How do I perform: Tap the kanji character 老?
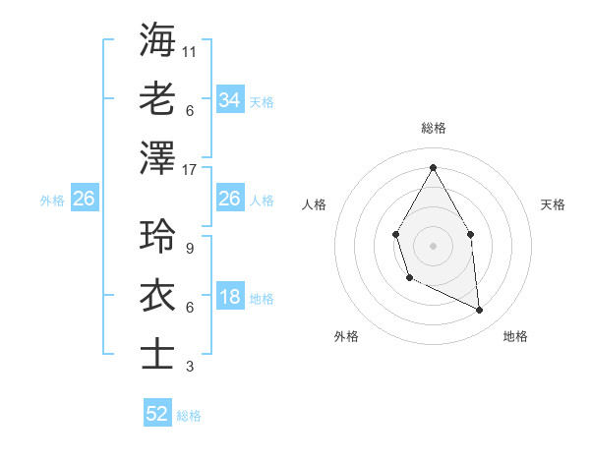click(158, 97)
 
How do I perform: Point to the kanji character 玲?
click(158, 237)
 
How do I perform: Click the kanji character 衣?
click(158, 296)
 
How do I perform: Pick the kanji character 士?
click(158, 355)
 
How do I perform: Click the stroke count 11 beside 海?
click(191, 50)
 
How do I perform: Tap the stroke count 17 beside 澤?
click(191, 169)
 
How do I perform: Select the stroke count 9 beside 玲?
click(189, 249)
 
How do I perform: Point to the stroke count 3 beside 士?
click(189, 367)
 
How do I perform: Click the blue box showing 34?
click(229, 99)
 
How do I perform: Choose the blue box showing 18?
click(229, 298)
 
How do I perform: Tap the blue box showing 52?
click(157, 414)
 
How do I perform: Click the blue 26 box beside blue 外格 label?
click(84, 199)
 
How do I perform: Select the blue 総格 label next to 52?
click(189, 416)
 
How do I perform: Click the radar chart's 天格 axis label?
click(554, 204)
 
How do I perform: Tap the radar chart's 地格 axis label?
click(515, 336)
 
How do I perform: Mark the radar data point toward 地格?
click(480, 310)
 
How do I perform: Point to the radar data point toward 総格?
click(433, 167)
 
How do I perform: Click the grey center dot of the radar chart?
click(433, 244)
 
